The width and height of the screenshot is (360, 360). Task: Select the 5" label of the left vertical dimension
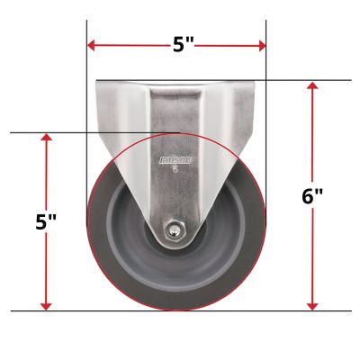pos(47,224)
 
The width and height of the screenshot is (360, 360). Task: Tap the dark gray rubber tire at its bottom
pos(176,302)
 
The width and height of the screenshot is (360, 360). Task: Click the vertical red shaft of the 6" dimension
pos(312,135)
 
